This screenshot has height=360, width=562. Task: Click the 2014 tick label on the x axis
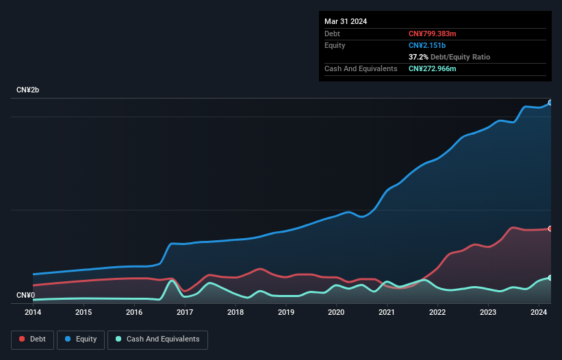click(33, 312)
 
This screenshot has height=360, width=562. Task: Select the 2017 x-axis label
click(185, 312)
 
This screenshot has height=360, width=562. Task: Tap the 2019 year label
click(286, 312)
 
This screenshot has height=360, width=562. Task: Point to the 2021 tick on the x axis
click(387, 312)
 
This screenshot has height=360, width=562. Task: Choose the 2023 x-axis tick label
click(488, 312)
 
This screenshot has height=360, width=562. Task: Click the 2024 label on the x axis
click(539, 312)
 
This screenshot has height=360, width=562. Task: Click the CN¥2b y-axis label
click(28, 90)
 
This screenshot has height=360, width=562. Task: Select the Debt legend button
click(32, 339)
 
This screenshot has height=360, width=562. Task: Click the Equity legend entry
click(81, 339)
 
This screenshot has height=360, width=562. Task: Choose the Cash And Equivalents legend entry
click(157, 339)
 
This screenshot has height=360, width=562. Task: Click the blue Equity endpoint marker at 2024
click(550, 102)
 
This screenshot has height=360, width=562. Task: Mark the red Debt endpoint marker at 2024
click(550, 229)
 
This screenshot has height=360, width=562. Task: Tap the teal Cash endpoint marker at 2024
click(550, 278)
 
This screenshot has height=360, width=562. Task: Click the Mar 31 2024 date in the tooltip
click(346, 21)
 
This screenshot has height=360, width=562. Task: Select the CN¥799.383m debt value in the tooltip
click(432, 34)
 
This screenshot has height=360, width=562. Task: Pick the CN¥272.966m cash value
click(432, 68)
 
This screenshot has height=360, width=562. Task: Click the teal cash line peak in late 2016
click(171, 281)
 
